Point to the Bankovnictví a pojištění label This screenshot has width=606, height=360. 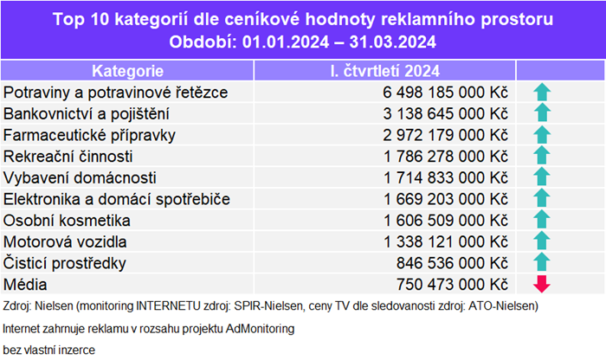87,113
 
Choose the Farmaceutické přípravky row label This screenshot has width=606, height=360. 90,134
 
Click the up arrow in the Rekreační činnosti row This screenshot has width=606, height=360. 542,156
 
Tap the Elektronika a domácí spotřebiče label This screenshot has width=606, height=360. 117,198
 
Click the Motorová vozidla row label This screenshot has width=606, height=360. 66,241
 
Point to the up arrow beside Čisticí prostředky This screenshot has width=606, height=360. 542,262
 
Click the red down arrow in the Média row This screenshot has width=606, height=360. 542,283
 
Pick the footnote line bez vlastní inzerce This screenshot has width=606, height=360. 48,350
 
